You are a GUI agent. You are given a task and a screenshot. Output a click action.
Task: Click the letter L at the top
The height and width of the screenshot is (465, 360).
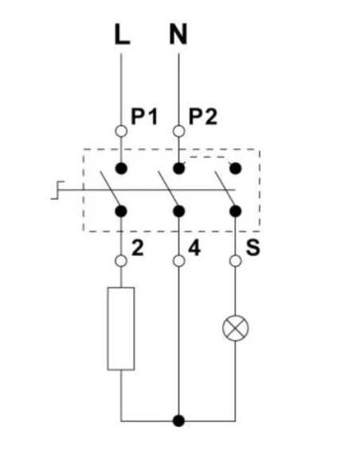click(122, 34)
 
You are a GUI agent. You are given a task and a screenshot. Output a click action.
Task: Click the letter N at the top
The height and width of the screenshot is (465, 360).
click(178, 34)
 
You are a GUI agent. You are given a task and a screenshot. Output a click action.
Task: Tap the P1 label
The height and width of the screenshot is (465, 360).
click(144, 116)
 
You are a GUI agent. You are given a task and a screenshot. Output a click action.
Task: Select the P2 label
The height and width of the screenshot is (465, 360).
click(203, 116)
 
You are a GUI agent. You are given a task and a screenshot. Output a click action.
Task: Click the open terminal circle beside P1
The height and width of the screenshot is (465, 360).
click(121, 131)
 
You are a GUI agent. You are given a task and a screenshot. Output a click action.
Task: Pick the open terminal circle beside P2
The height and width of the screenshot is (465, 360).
click(178, 131)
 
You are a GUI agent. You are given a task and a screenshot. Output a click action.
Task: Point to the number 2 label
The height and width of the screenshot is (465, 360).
click(137, 248)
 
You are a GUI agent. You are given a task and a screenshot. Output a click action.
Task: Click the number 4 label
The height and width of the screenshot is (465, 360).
click(194, 248)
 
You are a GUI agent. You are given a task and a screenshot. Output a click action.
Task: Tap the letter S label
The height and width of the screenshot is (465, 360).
click(253, 248)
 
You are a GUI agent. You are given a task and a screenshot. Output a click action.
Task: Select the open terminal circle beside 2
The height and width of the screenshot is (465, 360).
click(121, 261)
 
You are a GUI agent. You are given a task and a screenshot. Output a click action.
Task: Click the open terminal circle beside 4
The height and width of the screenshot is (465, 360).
click(178, 261)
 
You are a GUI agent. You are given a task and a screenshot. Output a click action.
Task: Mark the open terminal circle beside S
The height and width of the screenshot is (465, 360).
click(236, 261)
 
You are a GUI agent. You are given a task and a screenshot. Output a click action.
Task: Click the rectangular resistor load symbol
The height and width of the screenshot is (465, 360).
click(121, 329)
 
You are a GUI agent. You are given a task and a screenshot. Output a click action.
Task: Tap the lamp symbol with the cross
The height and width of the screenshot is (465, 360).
click(236, 328)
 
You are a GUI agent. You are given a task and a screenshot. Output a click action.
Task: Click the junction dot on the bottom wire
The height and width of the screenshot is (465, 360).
click(178, 421)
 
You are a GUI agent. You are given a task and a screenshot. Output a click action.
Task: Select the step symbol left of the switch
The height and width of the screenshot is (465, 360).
click(57, 190)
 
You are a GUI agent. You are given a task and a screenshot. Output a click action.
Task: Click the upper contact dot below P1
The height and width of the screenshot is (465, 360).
click(121, 169)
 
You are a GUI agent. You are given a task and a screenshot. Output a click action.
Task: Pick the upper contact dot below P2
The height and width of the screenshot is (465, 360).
click(178, 169)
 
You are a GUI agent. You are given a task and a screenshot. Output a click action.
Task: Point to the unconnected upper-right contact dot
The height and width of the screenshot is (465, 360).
click(236, 169)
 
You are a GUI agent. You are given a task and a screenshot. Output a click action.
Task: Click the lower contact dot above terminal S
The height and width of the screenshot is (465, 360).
click(236, 211)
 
